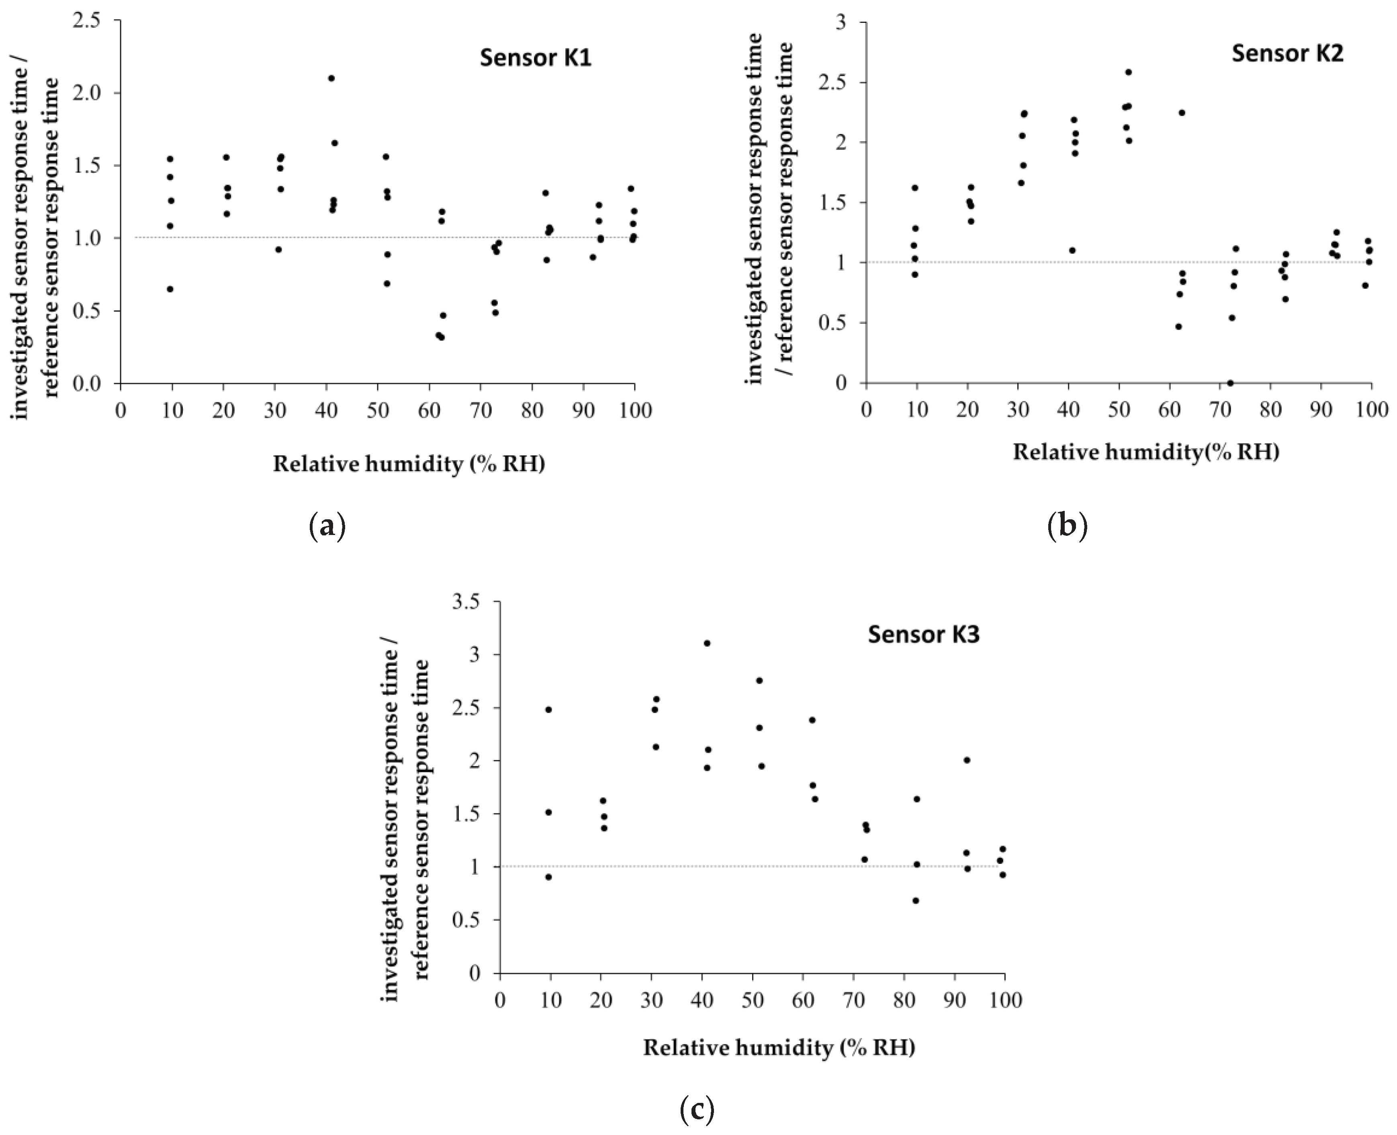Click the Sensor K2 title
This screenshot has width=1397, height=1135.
[1287, 53]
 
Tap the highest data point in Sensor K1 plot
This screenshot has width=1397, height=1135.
[331, 78]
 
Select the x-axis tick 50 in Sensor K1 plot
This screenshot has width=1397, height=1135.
[377, 410]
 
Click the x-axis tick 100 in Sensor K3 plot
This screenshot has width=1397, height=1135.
[1004, 1000]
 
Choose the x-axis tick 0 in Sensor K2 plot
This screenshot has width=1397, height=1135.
[866, 410]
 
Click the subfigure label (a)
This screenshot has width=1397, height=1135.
[326, 526]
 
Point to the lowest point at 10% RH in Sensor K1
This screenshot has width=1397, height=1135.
[170, 289]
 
